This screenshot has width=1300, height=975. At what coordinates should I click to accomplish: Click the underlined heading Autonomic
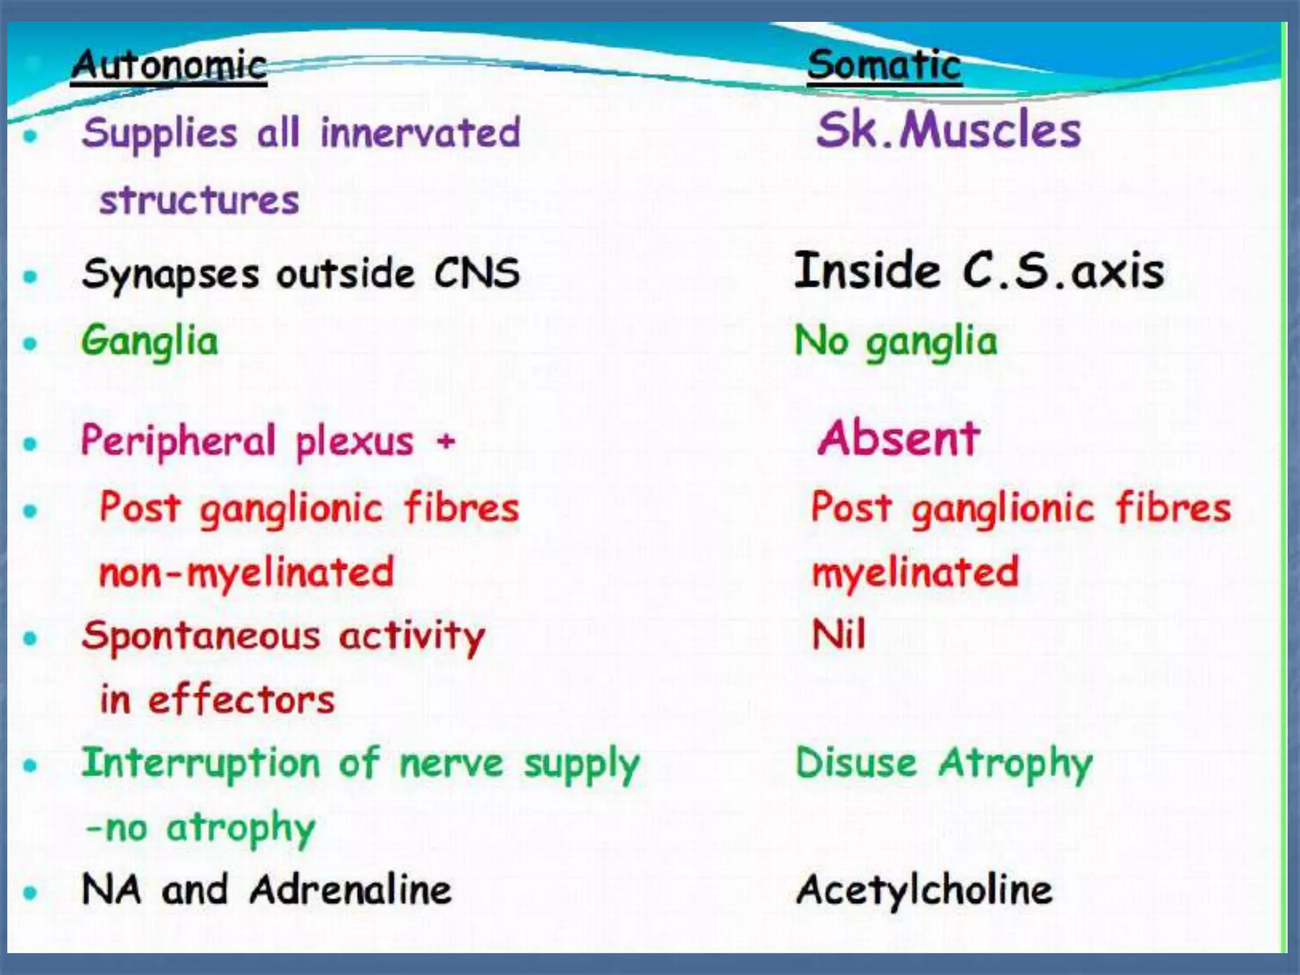(169, 66)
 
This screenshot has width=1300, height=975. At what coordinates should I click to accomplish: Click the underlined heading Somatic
(884, 66)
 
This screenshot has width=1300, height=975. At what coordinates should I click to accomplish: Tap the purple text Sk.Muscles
(948, 130)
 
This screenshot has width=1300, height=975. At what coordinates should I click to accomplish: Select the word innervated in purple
(420, 133)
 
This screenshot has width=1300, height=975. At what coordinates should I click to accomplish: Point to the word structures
(199, 201)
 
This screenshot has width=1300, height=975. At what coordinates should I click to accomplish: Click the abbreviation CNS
(477, 274)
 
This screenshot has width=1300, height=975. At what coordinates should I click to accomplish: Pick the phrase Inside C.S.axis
(979, 272)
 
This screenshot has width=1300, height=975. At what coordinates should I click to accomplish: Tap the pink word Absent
(899, 439)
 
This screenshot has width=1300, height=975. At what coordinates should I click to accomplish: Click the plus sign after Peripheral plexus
(446, 441)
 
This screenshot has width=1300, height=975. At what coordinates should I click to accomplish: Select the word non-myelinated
(246, 573)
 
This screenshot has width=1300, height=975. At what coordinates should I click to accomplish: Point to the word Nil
(839, 635)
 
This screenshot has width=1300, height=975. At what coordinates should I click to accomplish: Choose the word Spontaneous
(201, 637)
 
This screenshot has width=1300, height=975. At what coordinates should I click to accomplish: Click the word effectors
(241, 701)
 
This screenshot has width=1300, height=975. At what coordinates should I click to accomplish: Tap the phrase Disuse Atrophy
(944, 764)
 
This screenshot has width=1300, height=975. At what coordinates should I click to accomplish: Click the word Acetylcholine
(924, 890)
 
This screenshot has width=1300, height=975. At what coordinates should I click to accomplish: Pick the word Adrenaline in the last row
(350, 890)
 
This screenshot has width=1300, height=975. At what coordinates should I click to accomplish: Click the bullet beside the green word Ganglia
(30, 343)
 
